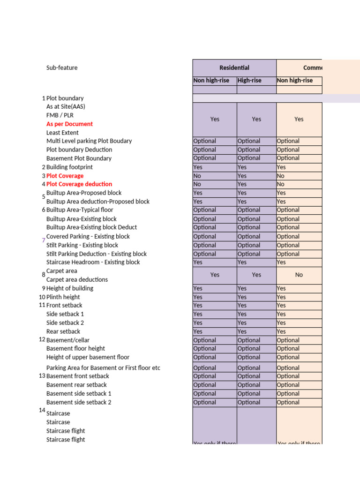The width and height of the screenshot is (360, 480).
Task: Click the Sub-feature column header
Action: pos(62,68)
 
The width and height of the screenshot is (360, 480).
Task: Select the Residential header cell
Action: pos(234,68)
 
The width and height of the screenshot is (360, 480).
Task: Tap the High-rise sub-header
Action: pos(250,81)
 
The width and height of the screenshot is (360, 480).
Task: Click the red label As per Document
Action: pos(69,124)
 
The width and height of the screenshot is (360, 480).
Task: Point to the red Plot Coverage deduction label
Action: pos(79,184)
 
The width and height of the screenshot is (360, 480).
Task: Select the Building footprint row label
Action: pos(69,167)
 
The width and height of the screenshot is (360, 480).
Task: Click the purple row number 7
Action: pos(44,240)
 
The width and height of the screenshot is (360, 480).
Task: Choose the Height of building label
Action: pos(70,288)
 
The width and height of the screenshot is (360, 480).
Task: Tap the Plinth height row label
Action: pos(63,297)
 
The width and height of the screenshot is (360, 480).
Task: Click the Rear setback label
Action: pos(63,331)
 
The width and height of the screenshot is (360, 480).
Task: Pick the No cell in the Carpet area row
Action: pos(299,275)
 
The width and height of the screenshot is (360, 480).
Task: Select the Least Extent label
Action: pos(62,133)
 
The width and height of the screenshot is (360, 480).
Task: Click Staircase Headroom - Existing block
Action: pos(93,262)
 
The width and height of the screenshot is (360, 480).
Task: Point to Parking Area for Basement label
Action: pos(103,368)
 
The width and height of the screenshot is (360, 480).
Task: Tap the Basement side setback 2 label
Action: pos(79,402)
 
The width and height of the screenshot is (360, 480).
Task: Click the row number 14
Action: pos(42,411)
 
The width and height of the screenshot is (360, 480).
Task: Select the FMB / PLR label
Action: pos(60,115)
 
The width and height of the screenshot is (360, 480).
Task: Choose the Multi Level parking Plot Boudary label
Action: pos(89,141)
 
